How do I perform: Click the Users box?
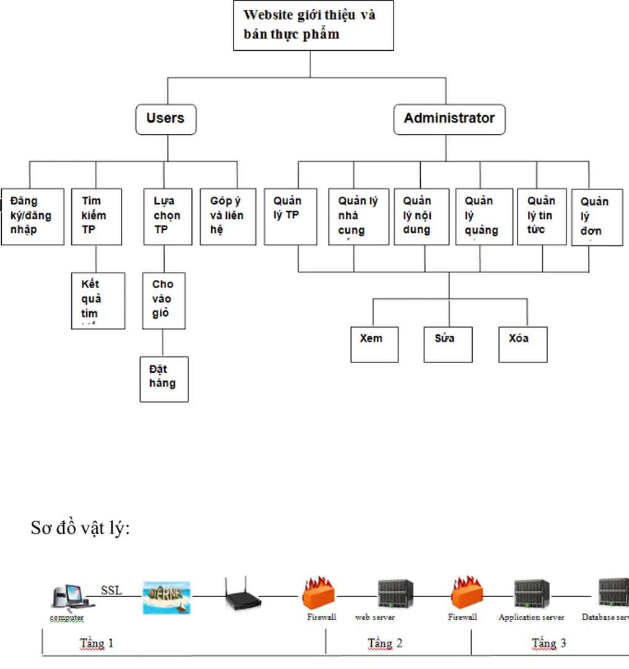coord(165,119)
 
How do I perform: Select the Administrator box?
coord(449,119)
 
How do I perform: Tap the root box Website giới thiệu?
coord(313,26)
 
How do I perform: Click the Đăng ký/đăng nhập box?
coord(32,216)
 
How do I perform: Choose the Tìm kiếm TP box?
coord(96,216)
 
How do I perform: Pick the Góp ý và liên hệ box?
coord(228,216)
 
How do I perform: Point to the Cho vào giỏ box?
coord(164,300)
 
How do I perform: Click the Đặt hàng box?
coord(164,378)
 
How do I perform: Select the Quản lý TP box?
coord(291,216)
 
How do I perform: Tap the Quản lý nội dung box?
coord(421,216)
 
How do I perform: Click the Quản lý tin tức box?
coord(542,216)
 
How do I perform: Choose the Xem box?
coord(374,344)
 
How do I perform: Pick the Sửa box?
coord(448,344)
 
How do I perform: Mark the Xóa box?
coord(523,344)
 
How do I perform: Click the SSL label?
coord(112,590)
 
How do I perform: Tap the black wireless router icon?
coord(242,596)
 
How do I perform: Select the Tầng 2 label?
coord(385,643)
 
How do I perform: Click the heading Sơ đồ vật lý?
coord(81,528)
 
